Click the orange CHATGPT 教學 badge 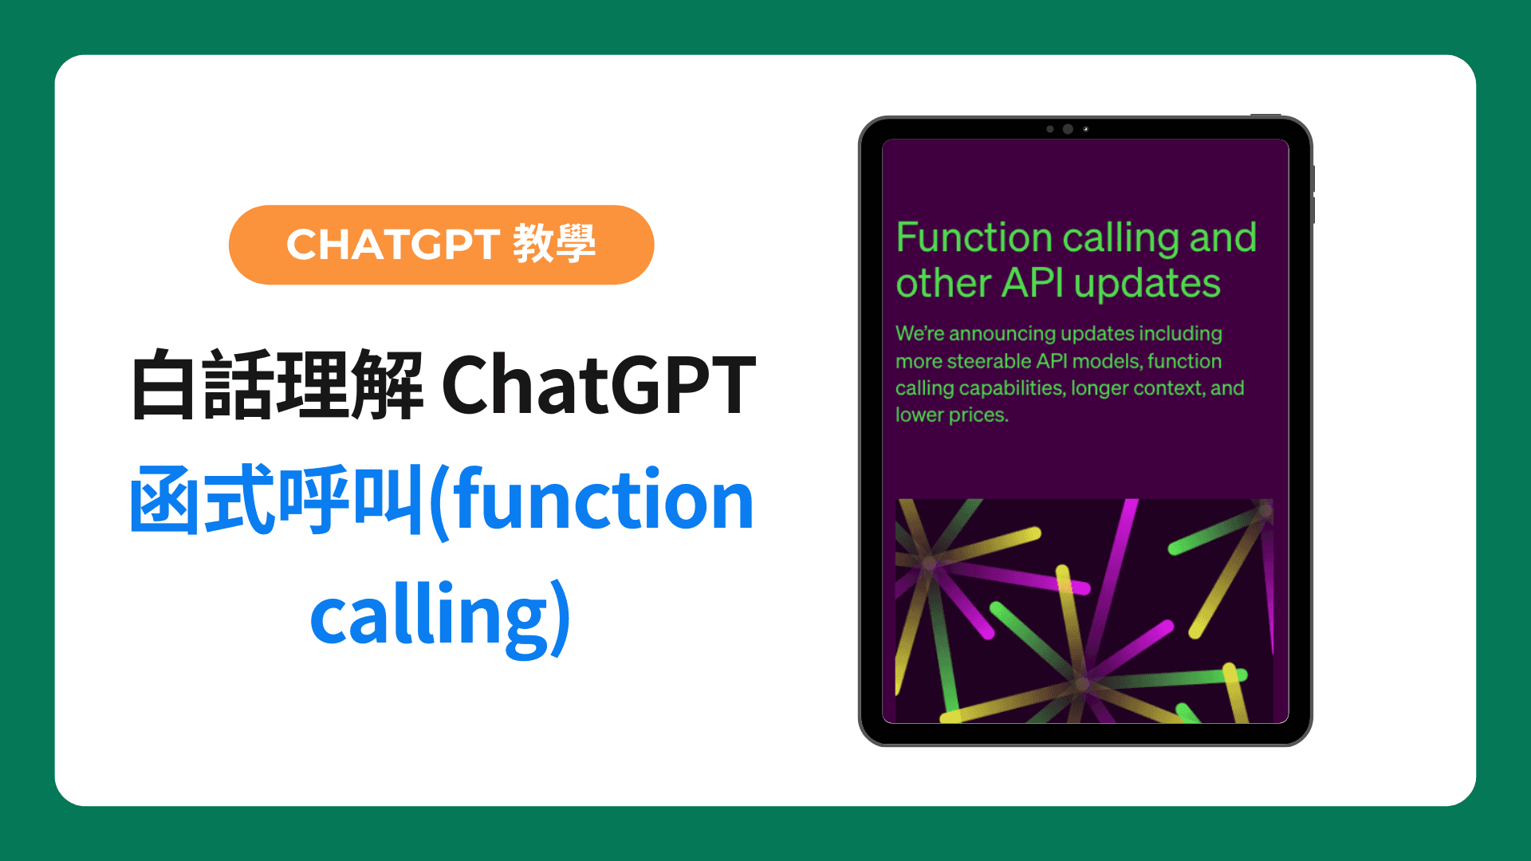click(x=441, y=245)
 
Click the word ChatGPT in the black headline click(x=598, y=386)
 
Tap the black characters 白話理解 click(x=277, y=386)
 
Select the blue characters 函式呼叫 click(x=277, y=501)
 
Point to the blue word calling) click(x=440, y=616)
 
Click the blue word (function click(x=591, y=501)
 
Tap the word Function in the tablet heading click(x=974, y=238)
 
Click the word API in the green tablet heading click(x=1033, y=283)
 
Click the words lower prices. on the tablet click(x=952, y=415)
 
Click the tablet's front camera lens click(x=1068, y=129)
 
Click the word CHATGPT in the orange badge click(x=393, y=245)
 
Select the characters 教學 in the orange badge click(x=554, y=244)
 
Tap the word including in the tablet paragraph click(x=1180, y=334)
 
